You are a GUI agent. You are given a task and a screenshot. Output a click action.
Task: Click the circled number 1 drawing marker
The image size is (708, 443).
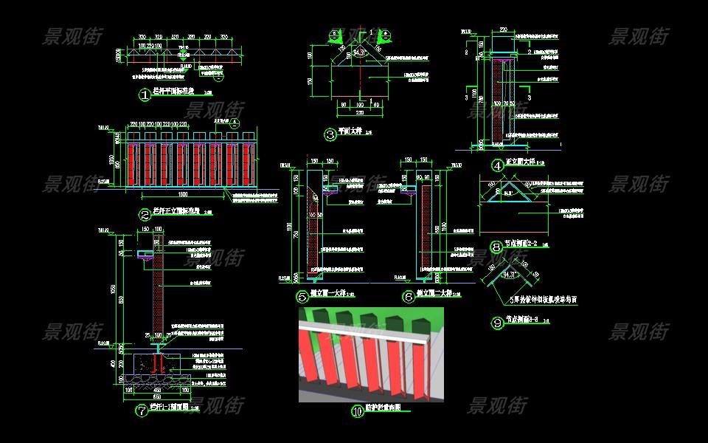point(145,94)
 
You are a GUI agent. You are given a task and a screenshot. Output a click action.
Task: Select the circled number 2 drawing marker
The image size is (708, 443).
point(145,215)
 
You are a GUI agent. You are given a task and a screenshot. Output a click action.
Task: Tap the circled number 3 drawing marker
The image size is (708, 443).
point(330,134)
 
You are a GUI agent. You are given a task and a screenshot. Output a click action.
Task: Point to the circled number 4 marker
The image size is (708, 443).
point(498,166)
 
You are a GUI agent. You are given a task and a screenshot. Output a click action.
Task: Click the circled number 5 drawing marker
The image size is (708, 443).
point(302,297)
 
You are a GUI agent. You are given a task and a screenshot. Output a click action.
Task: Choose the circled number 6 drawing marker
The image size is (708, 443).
point(409,297)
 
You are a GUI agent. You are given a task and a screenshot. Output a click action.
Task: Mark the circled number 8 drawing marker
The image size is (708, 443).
point(496,247)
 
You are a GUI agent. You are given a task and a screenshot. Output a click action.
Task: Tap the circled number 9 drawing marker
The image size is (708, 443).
point(496,322)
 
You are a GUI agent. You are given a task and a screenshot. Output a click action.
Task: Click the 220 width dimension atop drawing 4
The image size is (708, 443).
point(504,30)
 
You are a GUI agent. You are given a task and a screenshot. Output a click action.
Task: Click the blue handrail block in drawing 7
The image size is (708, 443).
point(145,253)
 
